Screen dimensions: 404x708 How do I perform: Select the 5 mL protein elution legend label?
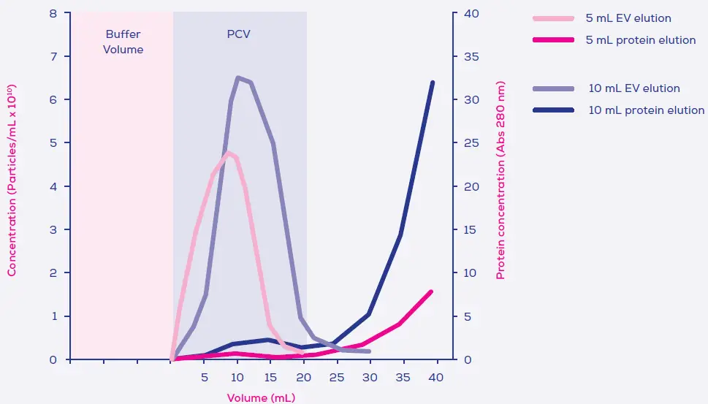tap(640, 40)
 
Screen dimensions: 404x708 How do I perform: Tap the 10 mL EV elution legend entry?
tap(634, 88)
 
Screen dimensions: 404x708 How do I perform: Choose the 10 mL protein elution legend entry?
tap(646, 110)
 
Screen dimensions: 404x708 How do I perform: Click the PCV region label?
tap(238, 34)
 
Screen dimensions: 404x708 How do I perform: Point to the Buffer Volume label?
tap(123, 42)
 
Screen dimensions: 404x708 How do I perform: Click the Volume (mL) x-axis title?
tap(261, 398)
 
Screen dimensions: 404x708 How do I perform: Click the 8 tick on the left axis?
tap(54, 13)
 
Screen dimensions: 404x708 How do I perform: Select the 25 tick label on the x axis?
tap(337, 377)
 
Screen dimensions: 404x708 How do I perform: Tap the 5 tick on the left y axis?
tap(54, 142)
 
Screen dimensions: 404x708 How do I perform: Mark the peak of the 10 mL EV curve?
tap(238, 77)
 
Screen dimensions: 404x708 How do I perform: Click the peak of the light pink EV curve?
tap(229, 153)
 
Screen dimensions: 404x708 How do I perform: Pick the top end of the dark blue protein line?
tap(433, 83)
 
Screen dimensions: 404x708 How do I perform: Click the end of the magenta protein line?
tap(431, 291)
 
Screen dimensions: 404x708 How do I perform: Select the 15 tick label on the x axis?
tap(270, 377)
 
